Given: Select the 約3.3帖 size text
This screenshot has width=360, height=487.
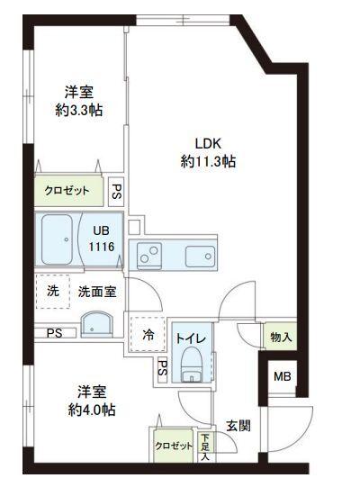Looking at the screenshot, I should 79,111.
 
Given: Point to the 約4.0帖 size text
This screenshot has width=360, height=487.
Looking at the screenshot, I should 92,410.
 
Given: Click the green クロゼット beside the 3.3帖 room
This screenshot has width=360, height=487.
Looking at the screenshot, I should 68,191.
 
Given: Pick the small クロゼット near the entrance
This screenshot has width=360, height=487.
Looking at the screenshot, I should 174,446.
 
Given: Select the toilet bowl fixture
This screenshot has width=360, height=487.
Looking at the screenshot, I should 191,364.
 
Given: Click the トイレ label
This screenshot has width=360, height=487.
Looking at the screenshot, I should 189,337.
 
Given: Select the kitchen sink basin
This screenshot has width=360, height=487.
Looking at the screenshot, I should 199,257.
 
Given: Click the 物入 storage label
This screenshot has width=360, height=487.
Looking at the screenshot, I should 280,338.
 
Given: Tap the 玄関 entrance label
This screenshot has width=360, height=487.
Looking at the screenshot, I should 238,426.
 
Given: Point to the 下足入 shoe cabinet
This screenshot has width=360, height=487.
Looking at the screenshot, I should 206,446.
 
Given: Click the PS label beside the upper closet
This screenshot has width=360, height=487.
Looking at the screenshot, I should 116,191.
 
